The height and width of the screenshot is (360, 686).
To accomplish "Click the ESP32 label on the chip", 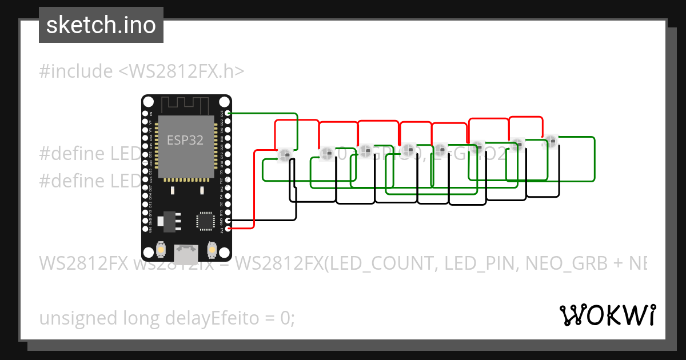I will (185, 140).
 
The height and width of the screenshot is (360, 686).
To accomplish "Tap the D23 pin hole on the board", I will (229, 113).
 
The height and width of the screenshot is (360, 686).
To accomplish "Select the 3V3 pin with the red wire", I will (229, 229).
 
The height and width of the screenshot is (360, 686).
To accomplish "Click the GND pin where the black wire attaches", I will (229, 221).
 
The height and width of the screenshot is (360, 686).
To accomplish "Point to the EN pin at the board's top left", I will (145, 113).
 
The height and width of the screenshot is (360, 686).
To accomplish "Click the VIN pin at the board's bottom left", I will (145, 229).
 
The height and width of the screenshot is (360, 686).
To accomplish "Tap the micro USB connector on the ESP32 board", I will (186, 250).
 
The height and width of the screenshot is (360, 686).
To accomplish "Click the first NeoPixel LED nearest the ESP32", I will (285, 154).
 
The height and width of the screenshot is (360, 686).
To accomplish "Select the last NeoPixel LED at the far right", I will (551, 140).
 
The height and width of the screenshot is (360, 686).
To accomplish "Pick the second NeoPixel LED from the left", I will (326, 153).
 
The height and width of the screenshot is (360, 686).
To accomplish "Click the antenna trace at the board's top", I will (186, 105).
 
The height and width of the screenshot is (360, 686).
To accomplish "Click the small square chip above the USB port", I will (205, 221).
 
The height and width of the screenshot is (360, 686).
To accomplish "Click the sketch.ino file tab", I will (101, 25).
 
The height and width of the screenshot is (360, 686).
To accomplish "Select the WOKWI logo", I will (607, 315).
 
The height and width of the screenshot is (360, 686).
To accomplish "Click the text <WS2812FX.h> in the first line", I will (182, 71).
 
